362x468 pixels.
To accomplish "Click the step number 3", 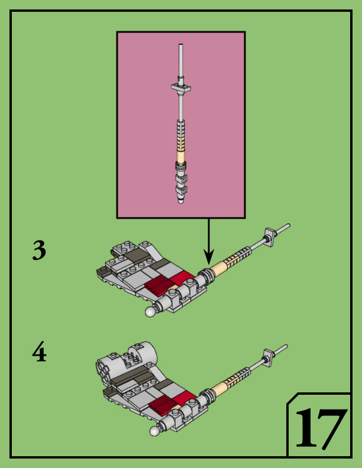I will pyautogui.click(x=39, y=251).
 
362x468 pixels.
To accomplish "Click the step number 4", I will pyautogui.click(x=39, y=353).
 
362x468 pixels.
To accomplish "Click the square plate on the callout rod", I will pyautogui.click(x=181, y=87).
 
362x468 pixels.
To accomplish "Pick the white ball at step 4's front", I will pyautogui.click(x=154, y=431).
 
